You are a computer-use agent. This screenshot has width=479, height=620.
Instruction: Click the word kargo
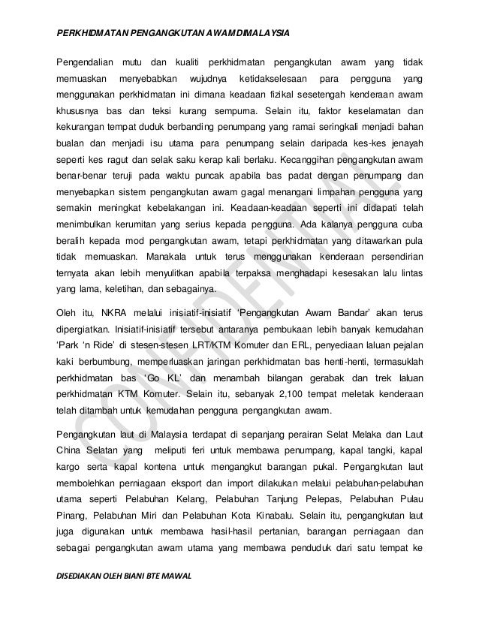(x=70, y=467)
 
